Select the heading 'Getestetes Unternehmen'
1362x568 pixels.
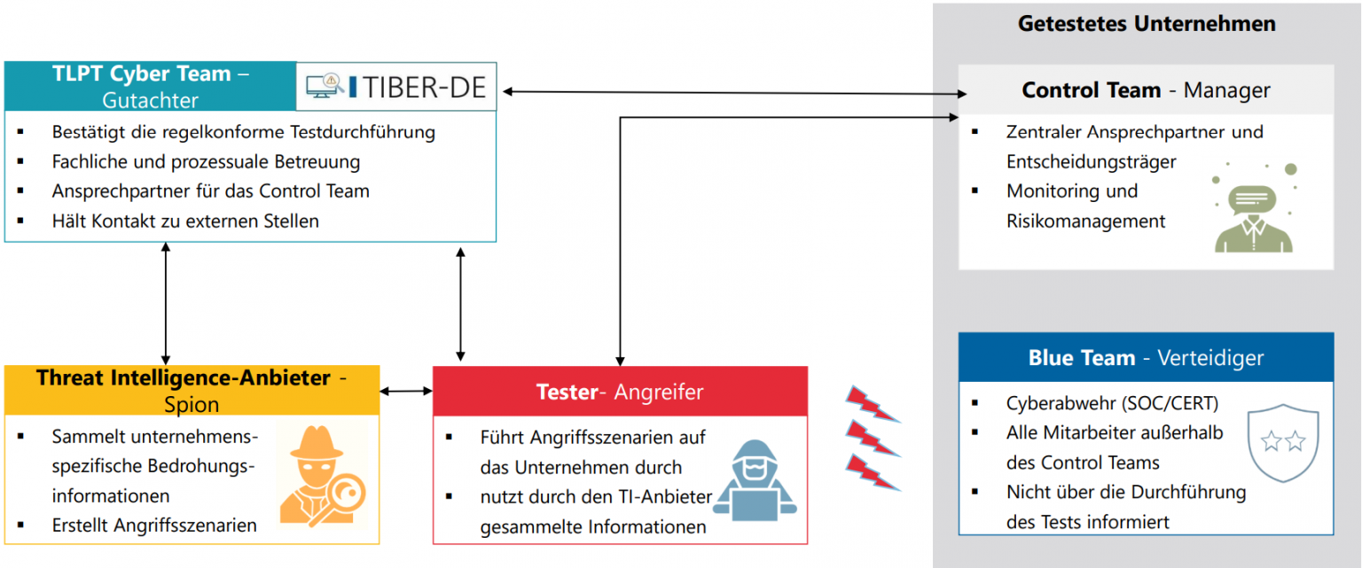(x=1147, y=24)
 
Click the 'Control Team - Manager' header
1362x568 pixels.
(x=1146, y=90)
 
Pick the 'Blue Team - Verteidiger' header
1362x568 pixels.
(x=1146, y=358)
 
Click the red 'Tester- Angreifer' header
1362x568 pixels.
(x=620, y=392)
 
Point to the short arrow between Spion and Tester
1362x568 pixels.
(x=405, y=391)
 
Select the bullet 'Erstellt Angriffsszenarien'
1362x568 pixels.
(x=154, y=525)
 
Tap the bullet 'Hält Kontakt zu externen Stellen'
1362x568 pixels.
(x=184, y=221)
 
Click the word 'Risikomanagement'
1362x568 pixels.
(x=1085, y=221)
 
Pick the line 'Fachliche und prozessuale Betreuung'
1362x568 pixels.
(x=206, y=161)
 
